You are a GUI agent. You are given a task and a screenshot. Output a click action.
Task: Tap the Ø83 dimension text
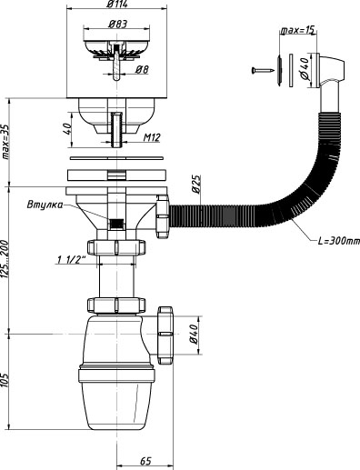click(x=118, y=24)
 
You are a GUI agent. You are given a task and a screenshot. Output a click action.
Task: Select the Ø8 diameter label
click(x=142, y=70)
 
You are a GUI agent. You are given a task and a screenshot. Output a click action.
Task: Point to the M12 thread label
click(x=152, y=137)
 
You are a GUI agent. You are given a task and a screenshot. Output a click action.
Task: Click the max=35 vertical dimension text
click(x=5, y=143)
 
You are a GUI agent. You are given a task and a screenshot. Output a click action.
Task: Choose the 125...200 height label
click(x=5, y=259)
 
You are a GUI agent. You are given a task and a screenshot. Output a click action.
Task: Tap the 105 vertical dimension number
click(x=5, y=379)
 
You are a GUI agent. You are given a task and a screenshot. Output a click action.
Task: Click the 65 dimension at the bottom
click(x=145, y=461)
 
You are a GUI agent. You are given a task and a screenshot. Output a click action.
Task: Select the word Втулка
click(x=45, y=205)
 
